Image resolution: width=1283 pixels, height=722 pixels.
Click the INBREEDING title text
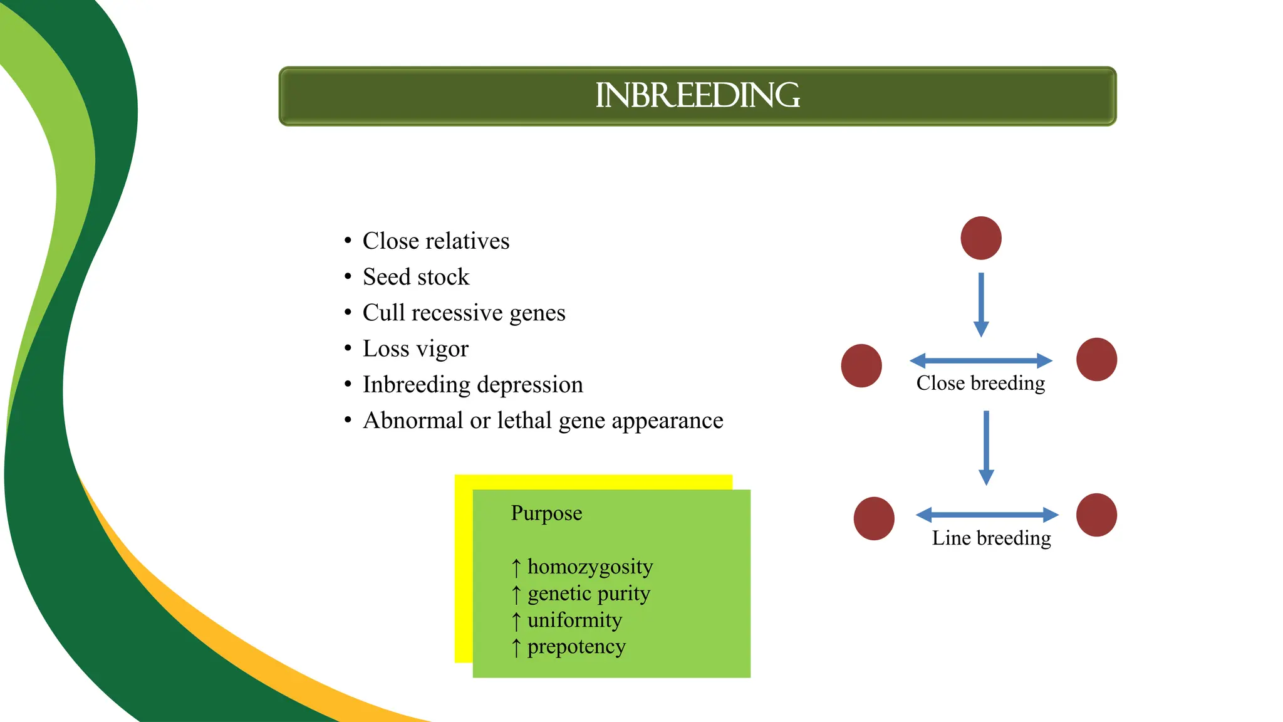pyautogui.click(x=697, y=96)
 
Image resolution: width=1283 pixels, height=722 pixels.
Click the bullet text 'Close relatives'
pyautogui.click(x=436, y=241)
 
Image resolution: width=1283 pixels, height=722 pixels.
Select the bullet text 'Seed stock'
pyautogui.click(x=415, y=277)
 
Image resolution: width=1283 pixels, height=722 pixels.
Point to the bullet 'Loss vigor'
pyautogui.click(x=415, y=348)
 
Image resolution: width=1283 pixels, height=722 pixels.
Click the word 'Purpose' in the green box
pyautogui.click(x=546, y=513)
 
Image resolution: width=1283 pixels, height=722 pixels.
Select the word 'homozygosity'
pyautogui.click(x=590, y=567)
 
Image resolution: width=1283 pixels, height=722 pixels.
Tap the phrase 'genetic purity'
pyautogui.click(x=588, y=594)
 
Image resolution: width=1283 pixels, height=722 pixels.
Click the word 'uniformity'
pyautogui.click(x=574, y=620)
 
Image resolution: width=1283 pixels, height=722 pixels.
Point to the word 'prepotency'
pyautogui.click(x=576, y=647)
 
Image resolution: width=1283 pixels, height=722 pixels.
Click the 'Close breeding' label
pyautogui.click(x=980, y=383)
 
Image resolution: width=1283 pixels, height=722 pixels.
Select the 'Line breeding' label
pyautogui.click(x=991, y=538)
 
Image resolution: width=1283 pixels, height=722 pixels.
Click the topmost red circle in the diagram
pyautogui.click(x=981, y=238)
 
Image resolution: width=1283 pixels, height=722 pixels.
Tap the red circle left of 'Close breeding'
pyautogui.click(x=861, y=365)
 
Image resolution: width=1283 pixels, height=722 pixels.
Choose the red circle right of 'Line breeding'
pyautogui.click(x=1096, y=515)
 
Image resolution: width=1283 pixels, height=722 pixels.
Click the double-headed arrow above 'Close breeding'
pyautogui.click(x=981, y=360)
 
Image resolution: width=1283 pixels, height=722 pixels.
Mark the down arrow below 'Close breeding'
pyautogui.click(x=986, y=447)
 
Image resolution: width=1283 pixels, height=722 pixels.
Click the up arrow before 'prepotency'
pyautogui.click(x=516, y=647)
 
